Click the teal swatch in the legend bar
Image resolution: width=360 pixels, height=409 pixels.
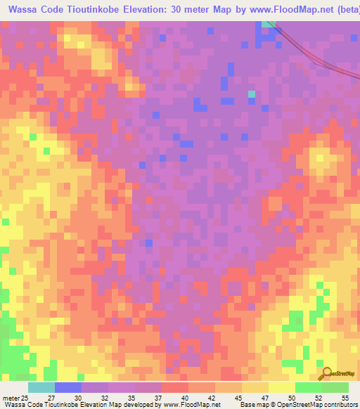pos(41,387)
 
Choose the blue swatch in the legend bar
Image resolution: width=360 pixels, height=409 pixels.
pos(68,387)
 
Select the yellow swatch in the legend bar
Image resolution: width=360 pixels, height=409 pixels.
pos(281,387)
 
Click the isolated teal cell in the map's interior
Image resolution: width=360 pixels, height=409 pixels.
pos(252,93)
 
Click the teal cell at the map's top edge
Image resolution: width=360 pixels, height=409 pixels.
pos(268,24)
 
